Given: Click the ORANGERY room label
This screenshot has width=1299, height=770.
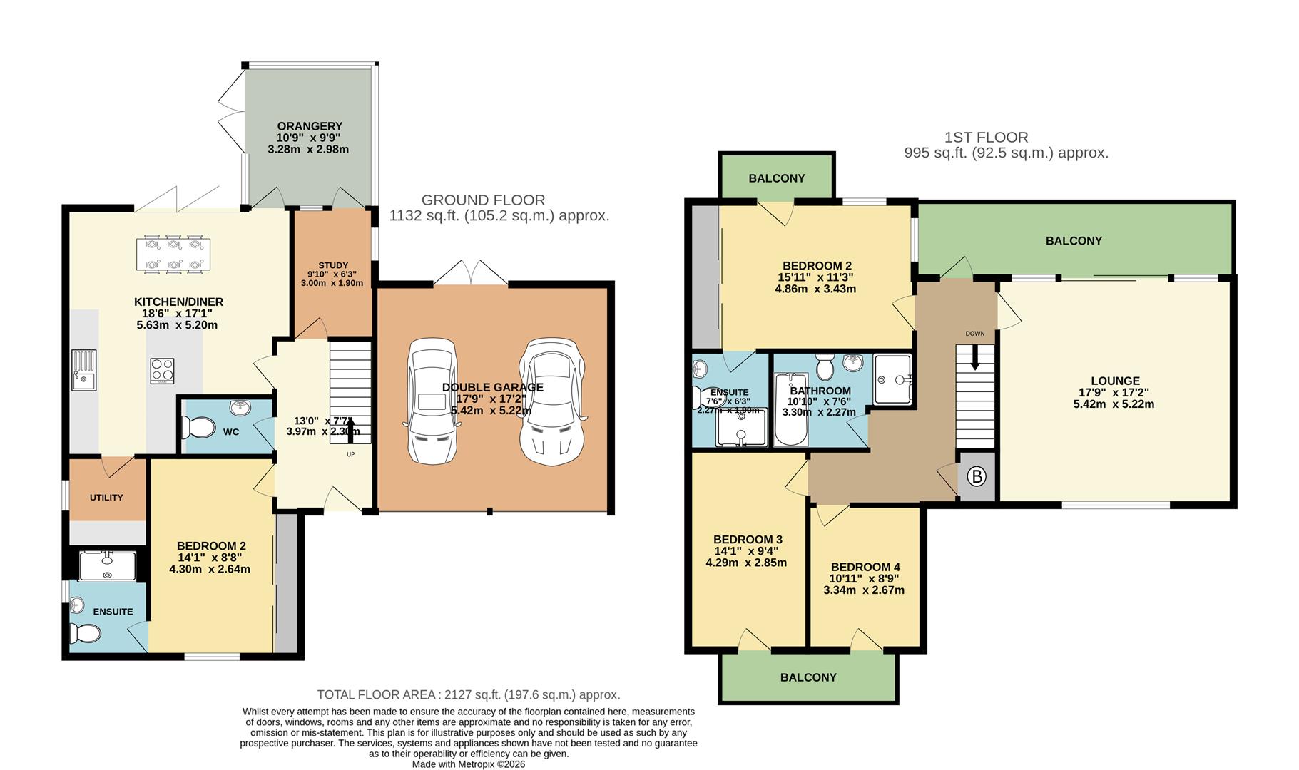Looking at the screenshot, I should click(310, 126).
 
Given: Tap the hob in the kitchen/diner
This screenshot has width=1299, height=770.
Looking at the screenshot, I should click(162, 371).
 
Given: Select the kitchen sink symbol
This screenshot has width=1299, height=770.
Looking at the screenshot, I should click(83, 370).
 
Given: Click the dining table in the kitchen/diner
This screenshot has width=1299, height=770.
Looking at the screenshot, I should click(173, 254).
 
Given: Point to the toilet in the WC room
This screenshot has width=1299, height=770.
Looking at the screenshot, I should click(198, 428).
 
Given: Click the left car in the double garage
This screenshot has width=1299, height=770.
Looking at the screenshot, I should click(432, 401).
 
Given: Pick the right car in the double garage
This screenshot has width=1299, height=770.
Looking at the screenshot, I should click(552, 401).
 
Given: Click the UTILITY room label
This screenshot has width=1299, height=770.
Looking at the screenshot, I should click(106, 498).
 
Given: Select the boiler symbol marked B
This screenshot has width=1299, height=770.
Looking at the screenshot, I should click(976, 476).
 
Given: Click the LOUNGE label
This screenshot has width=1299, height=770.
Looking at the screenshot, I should click(1115, 381).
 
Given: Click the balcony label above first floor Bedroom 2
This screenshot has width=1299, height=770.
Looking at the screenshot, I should click(776, 178).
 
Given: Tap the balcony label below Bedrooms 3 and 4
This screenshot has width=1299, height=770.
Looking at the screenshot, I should click(808, 677).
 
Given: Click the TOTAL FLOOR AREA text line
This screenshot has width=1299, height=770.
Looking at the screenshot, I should click(468, 694).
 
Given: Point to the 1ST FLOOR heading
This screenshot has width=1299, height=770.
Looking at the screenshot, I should click(986, 137).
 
